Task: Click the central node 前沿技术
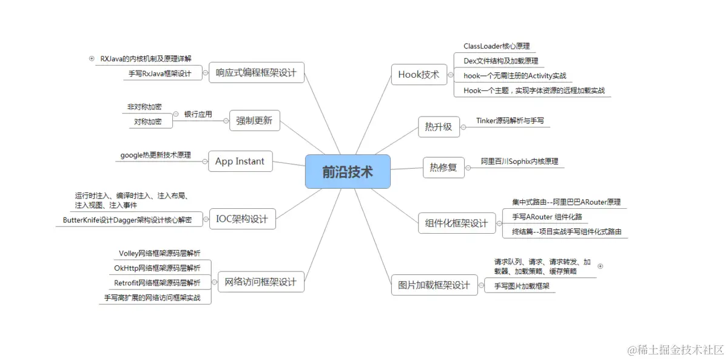[348, 172]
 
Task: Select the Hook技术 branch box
[419, 75]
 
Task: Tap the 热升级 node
[439, 126]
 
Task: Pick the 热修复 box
[443, 167]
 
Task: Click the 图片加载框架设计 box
[434, 285]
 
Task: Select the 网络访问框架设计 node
[260, 282]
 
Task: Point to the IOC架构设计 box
[242, 219]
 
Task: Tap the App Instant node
[240, 161]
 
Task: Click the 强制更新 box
[254, 120]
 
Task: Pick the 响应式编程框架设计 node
[256, 73]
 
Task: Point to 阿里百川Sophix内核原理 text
[519, 161]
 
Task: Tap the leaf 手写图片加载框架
[521, 286]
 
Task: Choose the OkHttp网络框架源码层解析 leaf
[157, 268]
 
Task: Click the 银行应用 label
[198, 114]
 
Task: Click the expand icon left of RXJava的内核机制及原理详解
[92, 59]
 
